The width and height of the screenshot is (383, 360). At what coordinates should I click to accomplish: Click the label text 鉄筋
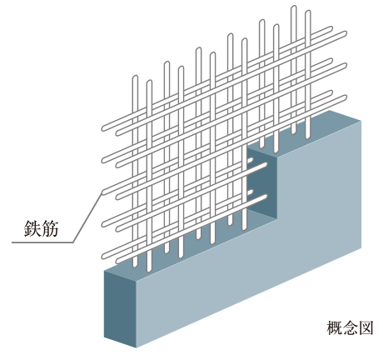[41, 228]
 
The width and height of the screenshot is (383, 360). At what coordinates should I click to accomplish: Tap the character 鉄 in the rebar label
[32, 228]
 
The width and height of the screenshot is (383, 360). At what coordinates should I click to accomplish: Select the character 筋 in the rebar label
[50, 228]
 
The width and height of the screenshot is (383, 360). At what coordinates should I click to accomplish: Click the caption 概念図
[350, 327]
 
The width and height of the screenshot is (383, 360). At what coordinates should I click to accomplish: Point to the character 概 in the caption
[335, 327]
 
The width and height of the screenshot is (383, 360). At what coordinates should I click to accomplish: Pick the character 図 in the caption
[366, 327]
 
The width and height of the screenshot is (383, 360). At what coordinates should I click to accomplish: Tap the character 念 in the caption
[350, 327]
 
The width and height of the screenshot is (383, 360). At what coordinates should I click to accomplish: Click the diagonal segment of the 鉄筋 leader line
[87, 217]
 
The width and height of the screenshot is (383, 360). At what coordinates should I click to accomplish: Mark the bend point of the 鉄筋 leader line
[73, 242]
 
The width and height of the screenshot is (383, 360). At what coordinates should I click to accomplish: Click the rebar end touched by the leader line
[104, 192]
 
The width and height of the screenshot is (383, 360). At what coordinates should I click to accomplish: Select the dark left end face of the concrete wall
[120, 308]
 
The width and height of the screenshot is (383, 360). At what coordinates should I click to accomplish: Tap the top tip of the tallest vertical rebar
[294, 7]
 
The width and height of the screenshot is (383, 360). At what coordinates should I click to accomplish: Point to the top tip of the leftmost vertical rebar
[135, 77]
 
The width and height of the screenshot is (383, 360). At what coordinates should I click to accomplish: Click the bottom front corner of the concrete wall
[137, 347]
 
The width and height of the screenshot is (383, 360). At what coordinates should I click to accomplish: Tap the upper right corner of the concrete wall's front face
[361, 121]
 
